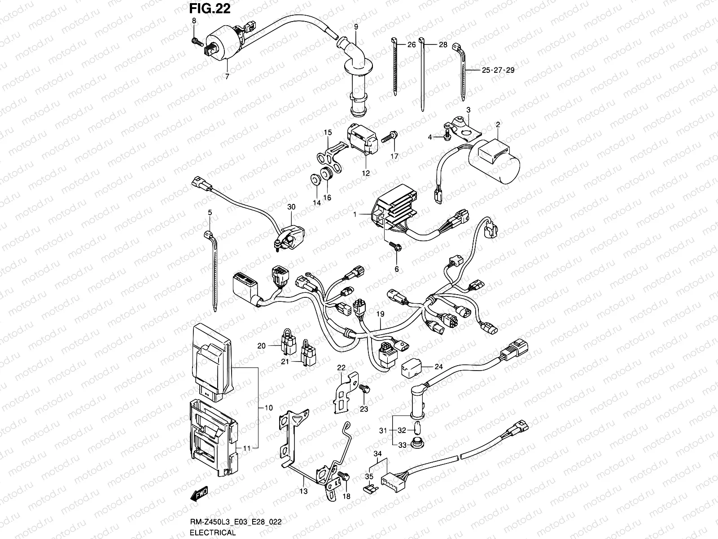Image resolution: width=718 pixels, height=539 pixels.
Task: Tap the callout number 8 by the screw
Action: coord(194,21)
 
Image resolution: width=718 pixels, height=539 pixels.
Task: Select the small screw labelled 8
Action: coord(196,41)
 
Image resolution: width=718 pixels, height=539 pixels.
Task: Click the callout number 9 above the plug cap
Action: coord(356,27)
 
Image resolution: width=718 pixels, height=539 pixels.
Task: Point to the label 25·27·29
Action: coord(498,71)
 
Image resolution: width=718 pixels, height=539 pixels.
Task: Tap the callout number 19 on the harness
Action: coord(381,314)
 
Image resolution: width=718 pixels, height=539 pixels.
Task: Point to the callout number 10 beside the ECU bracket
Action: coord(269,408)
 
